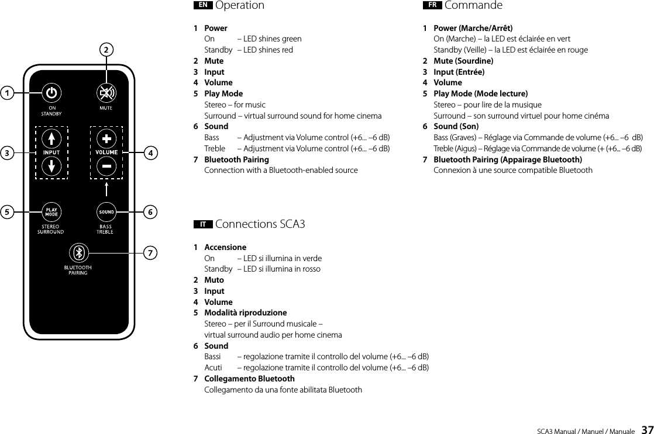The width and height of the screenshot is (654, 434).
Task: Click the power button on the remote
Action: [51, 93]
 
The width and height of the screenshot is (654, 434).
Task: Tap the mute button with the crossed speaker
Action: [106, 93]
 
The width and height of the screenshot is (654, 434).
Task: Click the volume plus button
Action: [106, 139]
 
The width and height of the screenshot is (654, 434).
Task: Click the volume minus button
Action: [106, 166]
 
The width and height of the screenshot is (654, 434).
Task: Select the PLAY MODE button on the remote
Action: [51, 211]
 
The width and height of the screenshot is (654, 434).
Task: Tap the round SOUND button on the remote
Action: [106, 211]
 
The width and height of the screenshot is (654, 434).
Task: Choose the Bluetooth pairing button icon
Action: [78, 253]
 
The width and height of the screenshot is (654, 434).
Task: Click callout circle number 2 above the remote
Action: [106, 50]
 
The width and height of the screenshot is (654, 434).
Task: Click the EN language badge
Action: [202, 5]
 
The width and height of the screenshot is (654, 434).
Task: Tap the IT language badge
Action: [202, 224]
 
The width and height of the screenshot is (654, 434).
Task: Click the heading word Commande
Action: [473, 5]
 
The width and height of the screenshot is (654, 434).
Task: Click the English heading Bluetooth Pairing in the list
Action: [236, 159]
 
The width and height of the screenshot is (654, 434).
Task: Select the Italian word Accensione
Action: [225, 247]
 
